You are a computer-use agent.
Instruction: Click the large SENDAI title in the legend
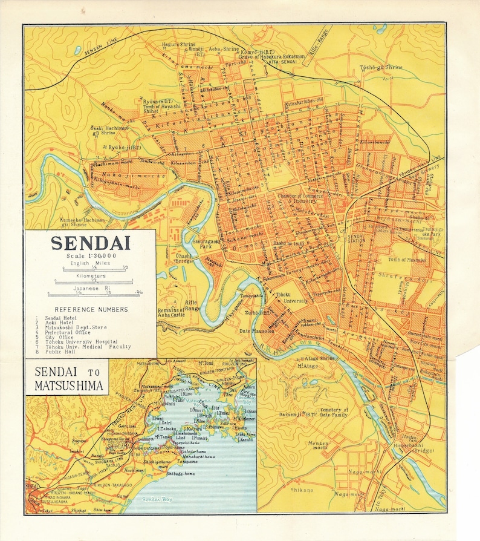pyautogui.click(x=91, y=243)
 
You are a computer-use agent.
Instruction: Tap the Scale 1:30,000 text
pyautogui.click(x=92, y=257)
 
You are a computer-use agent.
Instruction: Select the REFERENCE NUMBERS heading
pyautogui.click(x=91, y=309)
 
